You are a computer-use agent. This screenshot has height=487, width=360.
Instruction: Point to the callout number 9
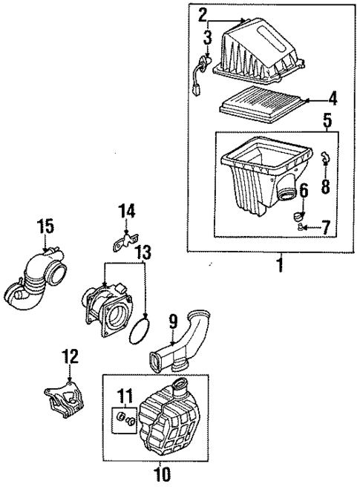pyautogui.click(x=172, y=323)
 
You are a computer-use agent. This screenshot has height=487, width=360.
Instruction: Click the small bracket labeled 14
pyautogui.click(x=124, y=239)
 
